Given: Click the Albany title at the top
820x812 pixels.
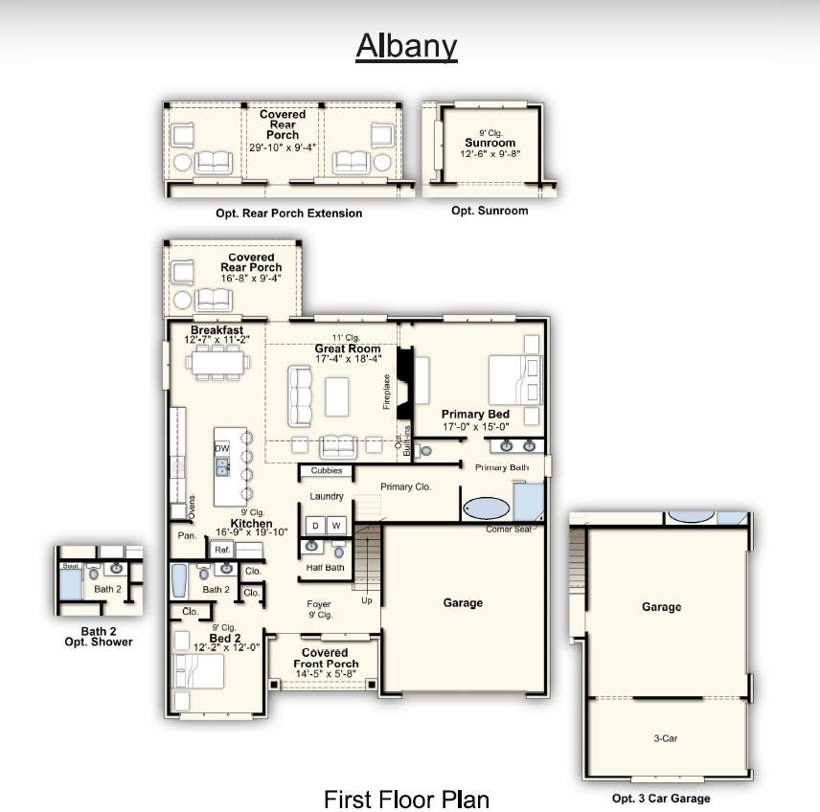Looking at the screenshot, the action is pos(406,47).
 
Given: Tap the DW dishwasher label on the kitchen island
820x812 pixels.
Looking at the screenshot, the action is pos(222,448).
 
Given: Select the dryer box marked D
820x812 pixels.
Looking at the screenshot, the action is pos(315,526).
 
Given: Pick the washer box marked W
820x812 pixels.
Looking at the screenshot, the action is pos(336,526).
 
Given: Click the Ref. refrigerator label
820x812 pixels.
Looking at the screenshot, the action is pos(222,550).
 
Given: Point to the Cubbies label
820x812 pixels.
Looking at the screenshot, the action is pos(327,470).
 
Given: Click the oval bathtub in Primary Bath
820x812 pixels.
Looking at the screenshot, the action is pos(487,507).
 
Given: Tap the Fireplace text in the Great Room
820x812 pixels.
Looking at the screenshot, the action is pos(387,392).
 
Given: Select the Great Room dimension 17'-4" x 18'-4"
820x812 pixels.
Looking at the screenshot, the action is pos(349,359).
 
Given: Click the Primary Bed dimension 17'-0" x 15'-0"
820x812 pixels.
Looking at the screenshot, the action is pos(476,427).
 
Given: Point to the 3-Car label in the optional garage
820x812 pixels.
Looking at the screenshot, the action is pos(665,738).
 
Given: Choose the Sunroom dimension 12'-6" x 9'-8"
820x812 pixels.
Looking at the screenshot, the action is pos(490,154).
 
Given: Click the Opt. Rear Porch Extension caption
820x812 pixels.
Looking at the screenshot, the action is pos(289,214).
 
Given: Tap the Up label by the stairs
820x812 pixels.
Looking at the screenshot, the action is pos(367,600).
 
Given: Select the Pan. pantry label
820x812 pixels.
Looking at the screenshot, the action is pos(187,535).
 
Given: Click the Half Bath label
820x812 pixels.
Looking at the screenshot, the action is pos(326,567).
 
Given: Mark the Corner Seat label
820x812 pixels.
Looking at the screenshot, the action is pos(509,530).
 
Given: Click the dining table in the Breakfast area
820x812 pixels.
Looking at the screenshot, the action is pos(217,362).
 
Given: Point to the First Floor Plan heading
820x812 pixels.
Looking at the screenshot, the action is pos(407,800).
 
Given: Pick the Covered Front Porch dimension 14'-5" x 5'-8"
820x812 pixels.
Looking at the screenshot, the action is pos(326,674).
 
